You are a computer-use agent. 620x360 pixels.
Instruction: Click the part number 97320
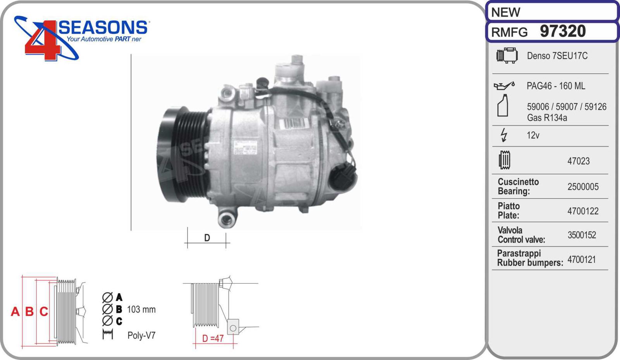563,31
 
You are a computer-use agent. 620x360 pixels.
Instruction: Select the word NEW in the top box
506,12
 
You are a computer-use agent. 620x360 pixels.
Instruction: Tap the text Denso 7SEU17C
557,56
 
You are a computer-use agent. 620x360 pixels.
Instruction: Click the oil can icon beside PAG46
504,86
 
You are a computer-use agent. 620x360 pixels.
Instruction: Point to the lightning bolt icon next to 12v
504,135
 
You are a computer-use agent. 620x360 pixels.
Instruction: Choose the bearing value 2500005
583,187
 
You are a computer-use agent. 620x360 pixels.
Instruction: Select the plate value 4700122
583,211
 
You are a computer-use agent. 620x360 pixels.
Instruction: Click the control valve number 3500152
582,235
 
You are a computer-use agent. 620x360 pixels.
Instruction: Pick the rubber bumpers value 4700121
582,259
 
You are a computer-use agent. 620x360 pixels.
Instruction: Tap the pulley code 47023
579,161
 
